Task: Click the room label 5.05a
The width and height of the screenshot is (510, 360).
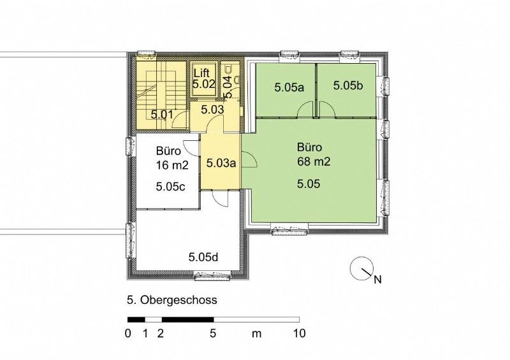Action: (x=289, y=87)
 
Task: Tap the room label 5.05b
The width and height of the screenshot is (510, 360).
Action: (x=348, y=85)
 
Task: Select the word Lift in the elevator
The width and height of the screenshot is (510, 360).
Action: (x=201, y=73)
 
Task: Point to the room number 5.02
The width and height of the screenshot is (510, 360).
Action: (x=203, y=84)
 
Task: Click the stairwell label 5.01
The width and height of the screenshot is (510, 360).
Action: (x=162, y=115)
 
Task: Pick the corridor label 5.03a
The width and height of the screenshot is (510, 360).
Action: (x=221, y=162)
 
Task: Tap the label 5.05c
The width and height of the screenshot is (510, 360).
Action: (x=171, y=186)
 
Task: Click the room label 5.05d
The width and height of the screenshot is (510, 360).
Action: (x=203, y=257)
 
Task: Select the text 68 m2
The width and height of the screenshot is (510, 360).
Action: (x=314, y=161)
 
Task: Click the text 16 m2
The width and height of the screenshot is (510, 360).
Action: (x=172, y=166)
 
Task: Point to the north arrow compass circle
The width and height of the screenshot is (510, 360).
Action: (x=361, y=268)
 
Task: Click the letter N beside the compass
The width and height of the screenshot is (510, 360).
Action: (x=377, y=280)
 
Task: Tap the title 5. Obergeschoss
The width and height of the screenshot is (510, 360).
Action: (x=172, y=300)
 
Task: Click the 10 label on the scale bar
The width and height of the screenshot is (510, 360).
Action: (x=299, y=333)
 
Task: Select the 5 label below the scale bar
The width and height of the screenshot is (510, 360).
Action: (x=213, y=333)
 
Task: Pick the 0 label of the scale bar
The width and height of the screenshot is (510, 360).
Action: (x=128, y=333)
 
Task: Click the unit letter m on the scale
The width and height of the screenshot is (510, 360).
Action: (x=257, y=334)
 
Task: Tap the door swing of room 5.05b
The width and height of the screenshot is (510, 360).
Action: (x=327, y=109)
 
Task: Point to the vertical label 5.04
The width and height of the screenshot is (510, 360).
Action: (x=228, y=87)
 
